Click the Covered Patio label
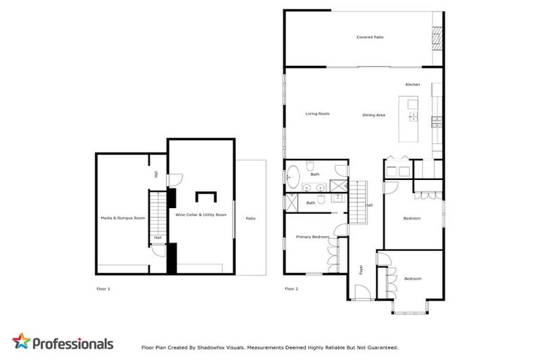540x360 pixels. [x=369, y=37]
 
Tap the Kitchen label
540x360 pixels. [x=413, y=84]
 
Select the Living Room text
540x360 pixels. [x=317, y=114]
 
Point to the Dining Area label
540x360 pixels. [x=373, y=115]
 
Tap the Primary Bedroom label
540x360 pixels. [x=312, y=237]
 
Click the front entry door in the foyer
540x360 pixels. [x=361, y=290]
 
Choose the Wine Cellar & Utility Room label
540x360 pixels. [x=201, y=214]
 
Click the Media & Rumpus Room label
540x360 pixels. [x=123, y=218]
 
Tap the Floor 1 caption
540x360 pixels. [x=103, y=289]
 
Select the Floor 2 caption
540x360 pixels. [x=291, y=289]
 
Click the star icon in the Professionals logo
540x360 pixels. [x=21, y=343]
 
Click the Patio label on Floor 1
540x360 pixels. [x=250, y=218]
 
